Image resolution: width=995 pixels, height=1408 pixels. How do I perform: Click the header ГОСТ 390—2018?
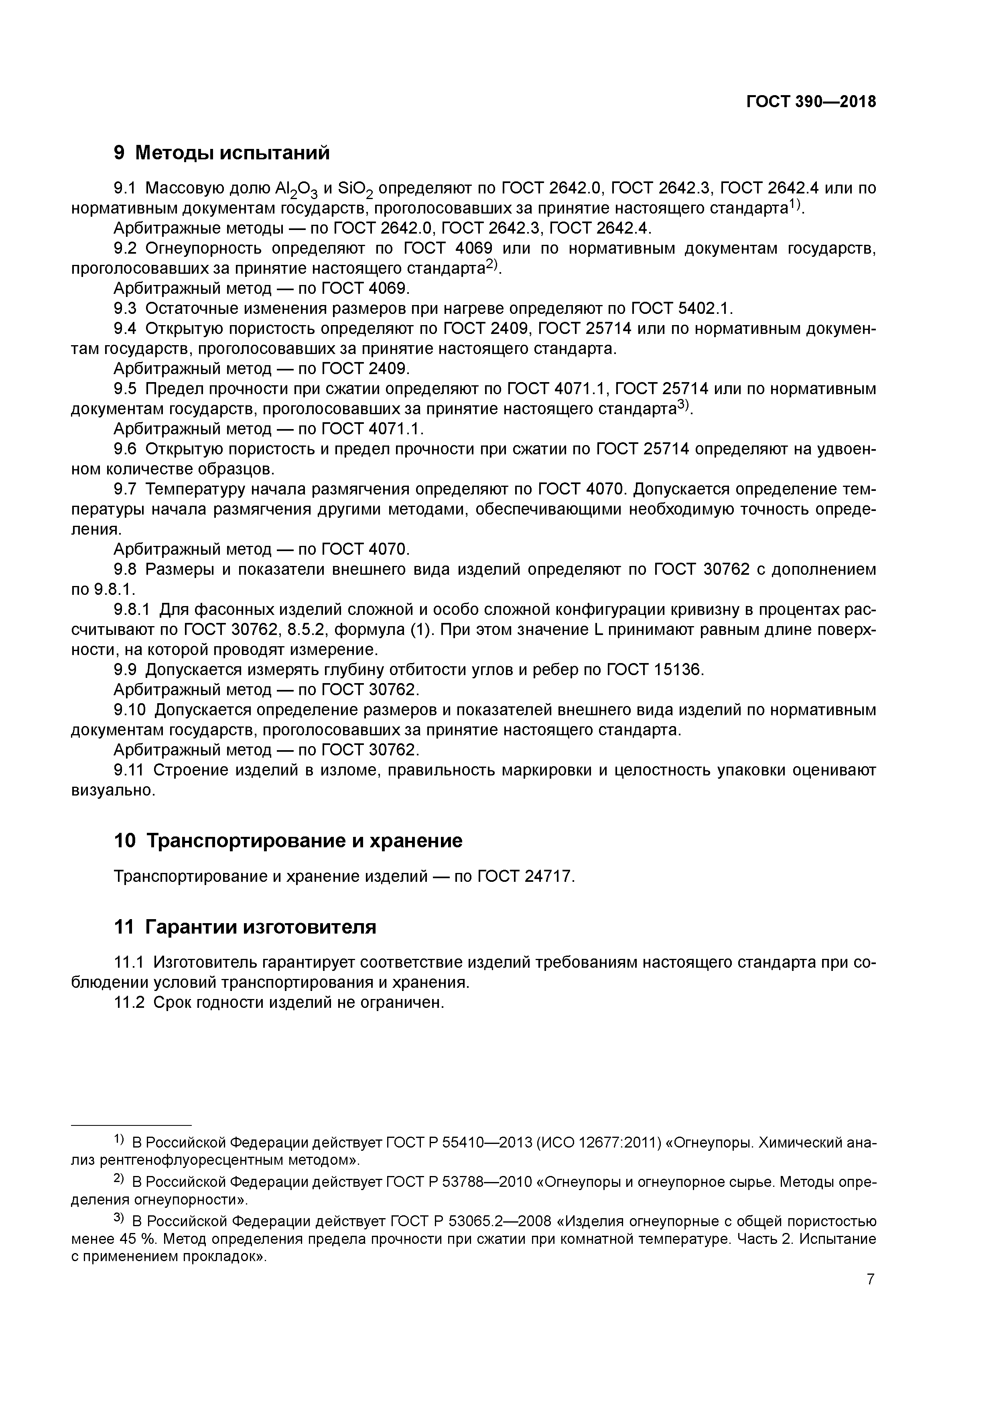[x=810, y=102]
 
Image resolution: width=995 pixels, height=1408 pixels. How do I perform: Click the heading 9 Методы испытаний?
[x=222, y=152]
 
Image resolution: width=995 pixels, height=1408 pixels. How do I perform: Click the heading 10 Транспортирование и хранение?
[x=288, y=840]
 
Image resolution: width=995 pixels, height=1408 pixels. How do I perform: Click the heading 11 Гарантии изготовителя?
[x=245, y=927]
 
